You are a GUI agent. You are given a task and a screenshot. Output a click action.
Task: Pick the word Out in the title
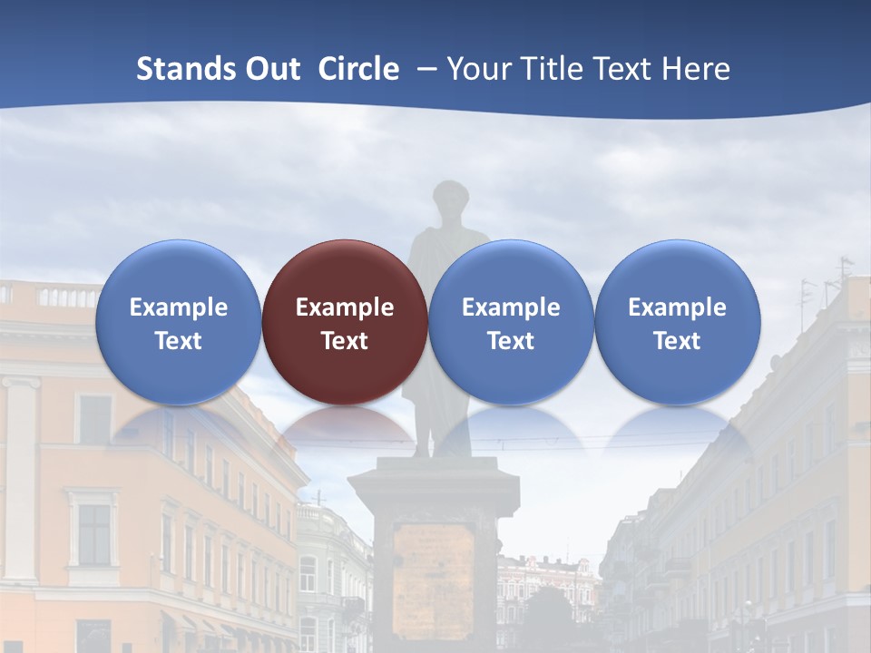coord(271,69)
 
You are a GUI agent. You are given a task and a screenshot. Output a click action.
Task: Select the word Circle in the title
coord(358,69)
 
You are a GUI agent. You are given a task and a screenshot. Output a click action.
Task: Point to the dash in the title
coord(424,69)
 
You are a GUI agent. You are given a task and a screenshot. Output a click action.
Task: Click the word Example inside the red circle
coord(345,307)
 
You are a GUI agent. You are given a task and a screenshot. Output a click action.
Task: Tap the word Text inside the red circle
coord(345,341)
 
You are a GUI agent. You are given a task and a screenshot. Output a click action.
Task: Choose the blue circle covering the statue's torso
coord(511,322)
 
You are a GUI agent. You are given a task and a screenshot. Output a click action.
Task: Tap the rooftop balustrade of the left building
coord(54,296)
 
